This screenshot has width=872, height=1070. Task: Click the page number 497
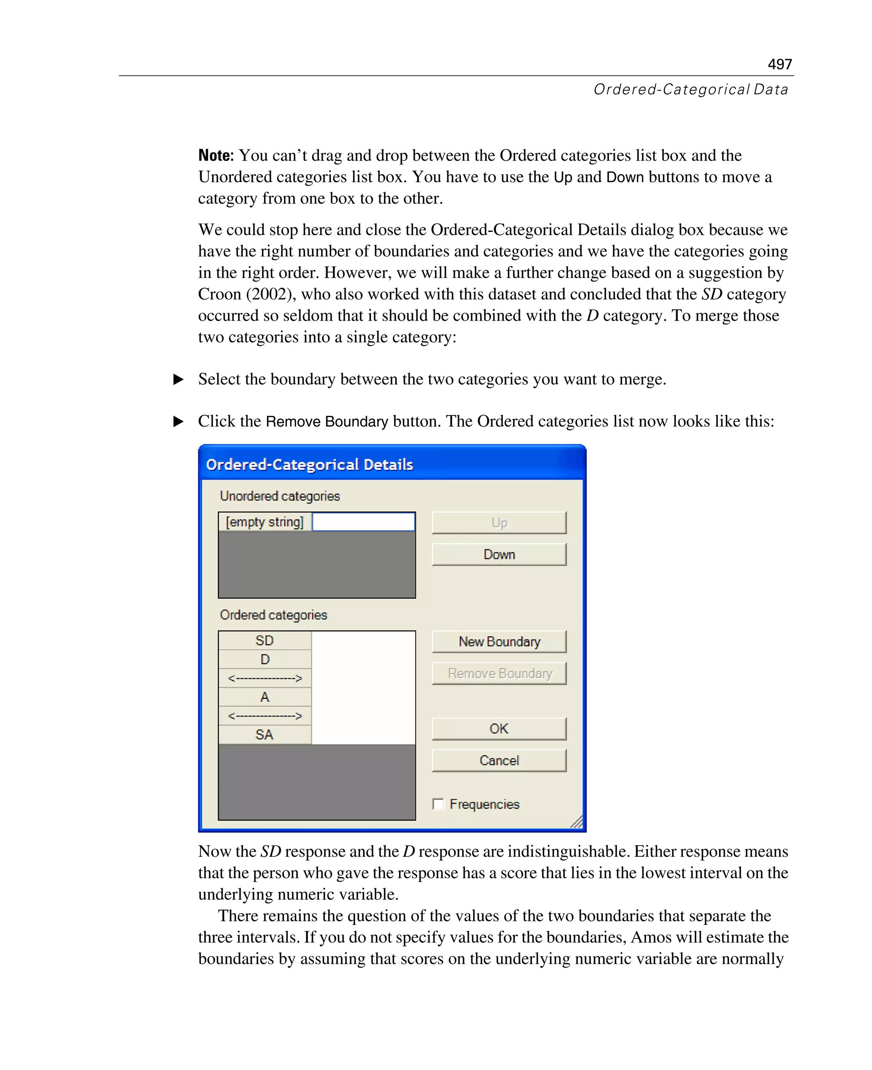(779, 64)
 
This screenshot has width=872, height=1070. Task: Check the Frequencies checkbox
(439, 804)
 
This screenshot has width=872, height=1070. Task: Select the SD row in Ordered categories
(265, 641)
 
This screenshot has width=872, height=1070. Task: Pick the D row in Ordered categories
(265, 659)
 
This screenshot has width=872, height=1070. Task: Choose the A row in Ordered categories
(265, 697)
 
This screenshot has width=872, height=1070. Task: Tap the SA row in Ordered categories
(265, 735)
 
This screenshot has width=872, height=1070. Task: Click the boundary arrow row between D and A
(265, 678)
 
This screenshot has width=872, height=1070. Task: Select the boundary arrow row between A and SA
(265, 716)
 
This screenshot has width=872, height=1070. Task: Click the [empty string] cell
(265, 522)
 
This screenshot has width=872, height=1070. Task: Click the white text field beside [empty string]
(363, 522)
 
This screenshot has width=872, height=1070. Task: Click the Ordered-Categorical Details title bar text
(310, 464)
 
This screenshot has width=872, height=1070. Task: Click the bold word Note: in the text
(216, 156)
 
